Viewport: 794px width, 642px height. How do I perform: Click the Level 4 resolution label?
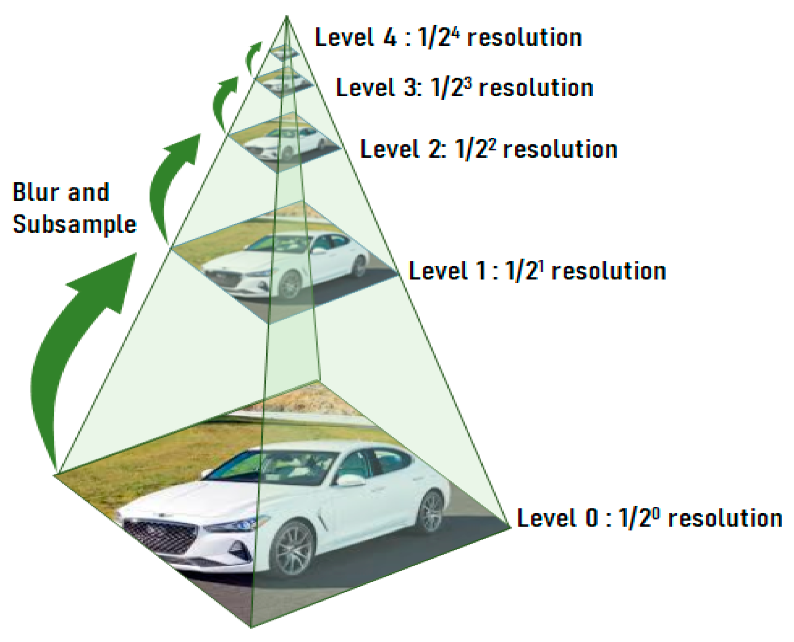click(448, 38)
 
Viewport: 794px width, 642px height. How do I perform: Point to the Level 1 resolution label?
click(537, 271)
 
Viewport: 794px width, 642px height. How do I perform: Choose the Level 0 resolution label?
click(650, 518)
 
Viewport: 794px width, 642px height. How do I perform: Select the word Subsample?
click(74, 224)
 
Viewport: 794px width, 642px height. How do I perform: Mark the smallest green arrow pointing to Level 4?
click(252, 57)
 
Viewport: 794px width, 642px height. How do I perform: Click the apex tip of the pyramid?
click(287, 16)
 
